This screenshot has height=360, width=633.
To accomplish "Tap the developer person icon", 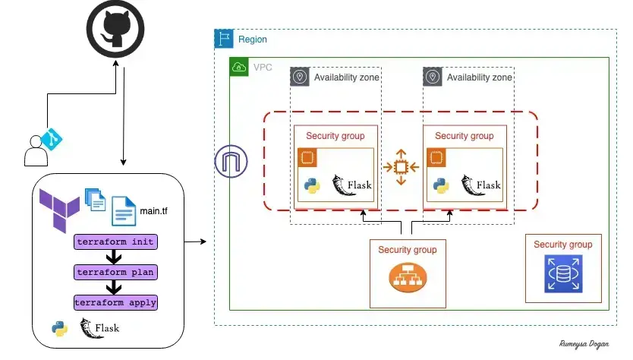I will click(35, 150).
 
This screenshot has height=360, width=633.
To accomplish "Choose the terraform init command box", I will click(115, 242).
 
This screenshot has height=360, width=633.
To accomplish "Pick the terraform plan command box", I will click(115, 271).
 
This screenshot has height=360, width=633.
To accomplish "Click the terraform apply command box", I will click(115, 302).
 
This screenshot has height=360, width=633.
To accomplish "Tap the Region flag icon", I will click(224, 39).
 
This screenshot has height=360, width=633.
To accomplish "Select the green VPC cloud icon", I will click(239, 67).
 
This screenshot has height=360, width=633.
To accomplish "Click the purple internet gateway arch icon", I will click(228, 163).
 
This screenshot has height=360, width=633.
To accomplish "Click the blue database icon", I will click(562, 274).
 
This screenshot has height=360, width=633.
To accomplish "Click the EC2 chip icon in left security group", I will click(307, 158).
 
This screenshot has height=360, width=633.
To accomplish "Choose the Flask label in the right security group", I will click(487, 185).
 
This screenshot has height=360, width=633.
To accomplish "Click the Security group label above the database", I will click(562, 245).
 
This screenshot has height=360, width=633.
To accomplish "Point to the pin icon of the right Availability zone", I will click(433, 77).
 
